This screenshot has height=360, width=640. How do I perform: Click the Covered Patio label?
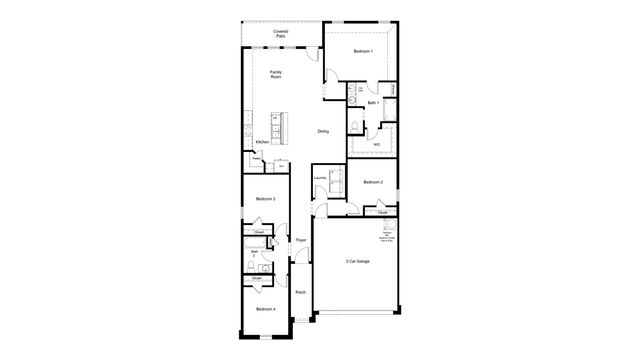(281, 35)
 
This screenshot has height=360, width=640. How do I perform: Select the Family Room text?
(277, 74)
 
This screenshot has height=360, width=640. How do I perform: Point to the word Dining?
(322, 131)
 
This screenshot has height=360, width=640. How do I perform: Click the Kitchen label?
(262, 142)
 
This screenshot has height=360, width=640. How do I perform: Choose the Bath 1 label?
(372, 103)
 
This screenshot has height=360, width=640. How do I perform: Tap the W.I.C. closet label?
(376, 144)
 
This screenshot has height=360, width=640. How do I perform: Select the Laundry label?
(319, 178)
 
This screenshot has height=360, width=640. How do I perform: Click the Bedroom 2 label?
(373, 181)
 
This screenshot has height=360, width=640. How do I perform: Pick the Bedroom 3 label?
(265, 200)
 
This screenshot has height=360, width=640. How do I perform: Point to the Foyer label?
(300, 240)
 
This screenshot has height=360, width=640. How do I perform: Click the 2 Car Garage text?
(357, 261)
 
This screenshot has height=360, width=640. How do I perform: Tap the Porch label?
(300, 292)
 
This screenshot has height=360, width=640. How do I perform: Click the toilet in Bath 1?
(356, 125)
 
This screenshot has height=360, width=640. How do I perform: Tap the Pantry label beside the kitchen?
(257, 158)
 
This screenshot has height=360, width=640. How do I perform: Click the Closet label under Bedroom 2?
(382, 213)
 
